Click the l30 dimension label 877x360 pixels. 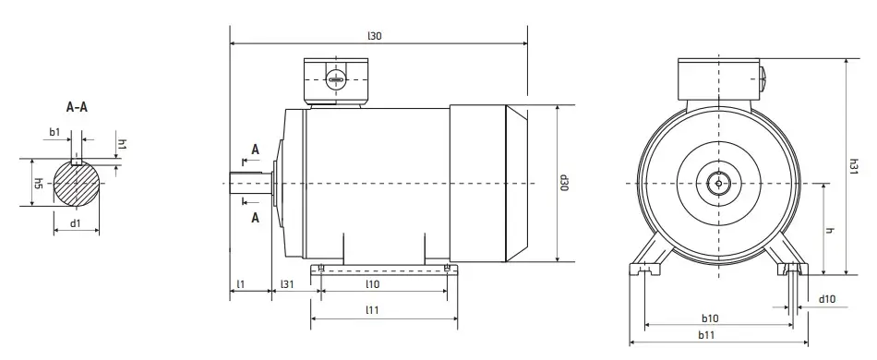click(x=374, y=36)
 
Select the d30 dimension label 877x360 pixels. click(x=564, y=183)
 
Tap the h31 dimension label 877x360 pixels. click(x=854, y=166)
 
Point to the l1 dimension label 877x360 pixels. click(x=241, y=284)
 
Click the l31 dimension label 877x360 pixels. click(x=287, y=284)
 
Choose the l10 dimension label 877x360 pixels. click(x=373, y=284)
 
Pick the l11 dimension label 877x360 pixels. click(x=372, y=309)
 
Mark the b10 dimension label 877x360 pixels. click(x=710, y=318)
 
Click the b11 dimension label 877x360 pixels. click(x=706, y=335)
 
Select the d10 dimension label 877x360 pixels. click(x=826, y=299)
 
